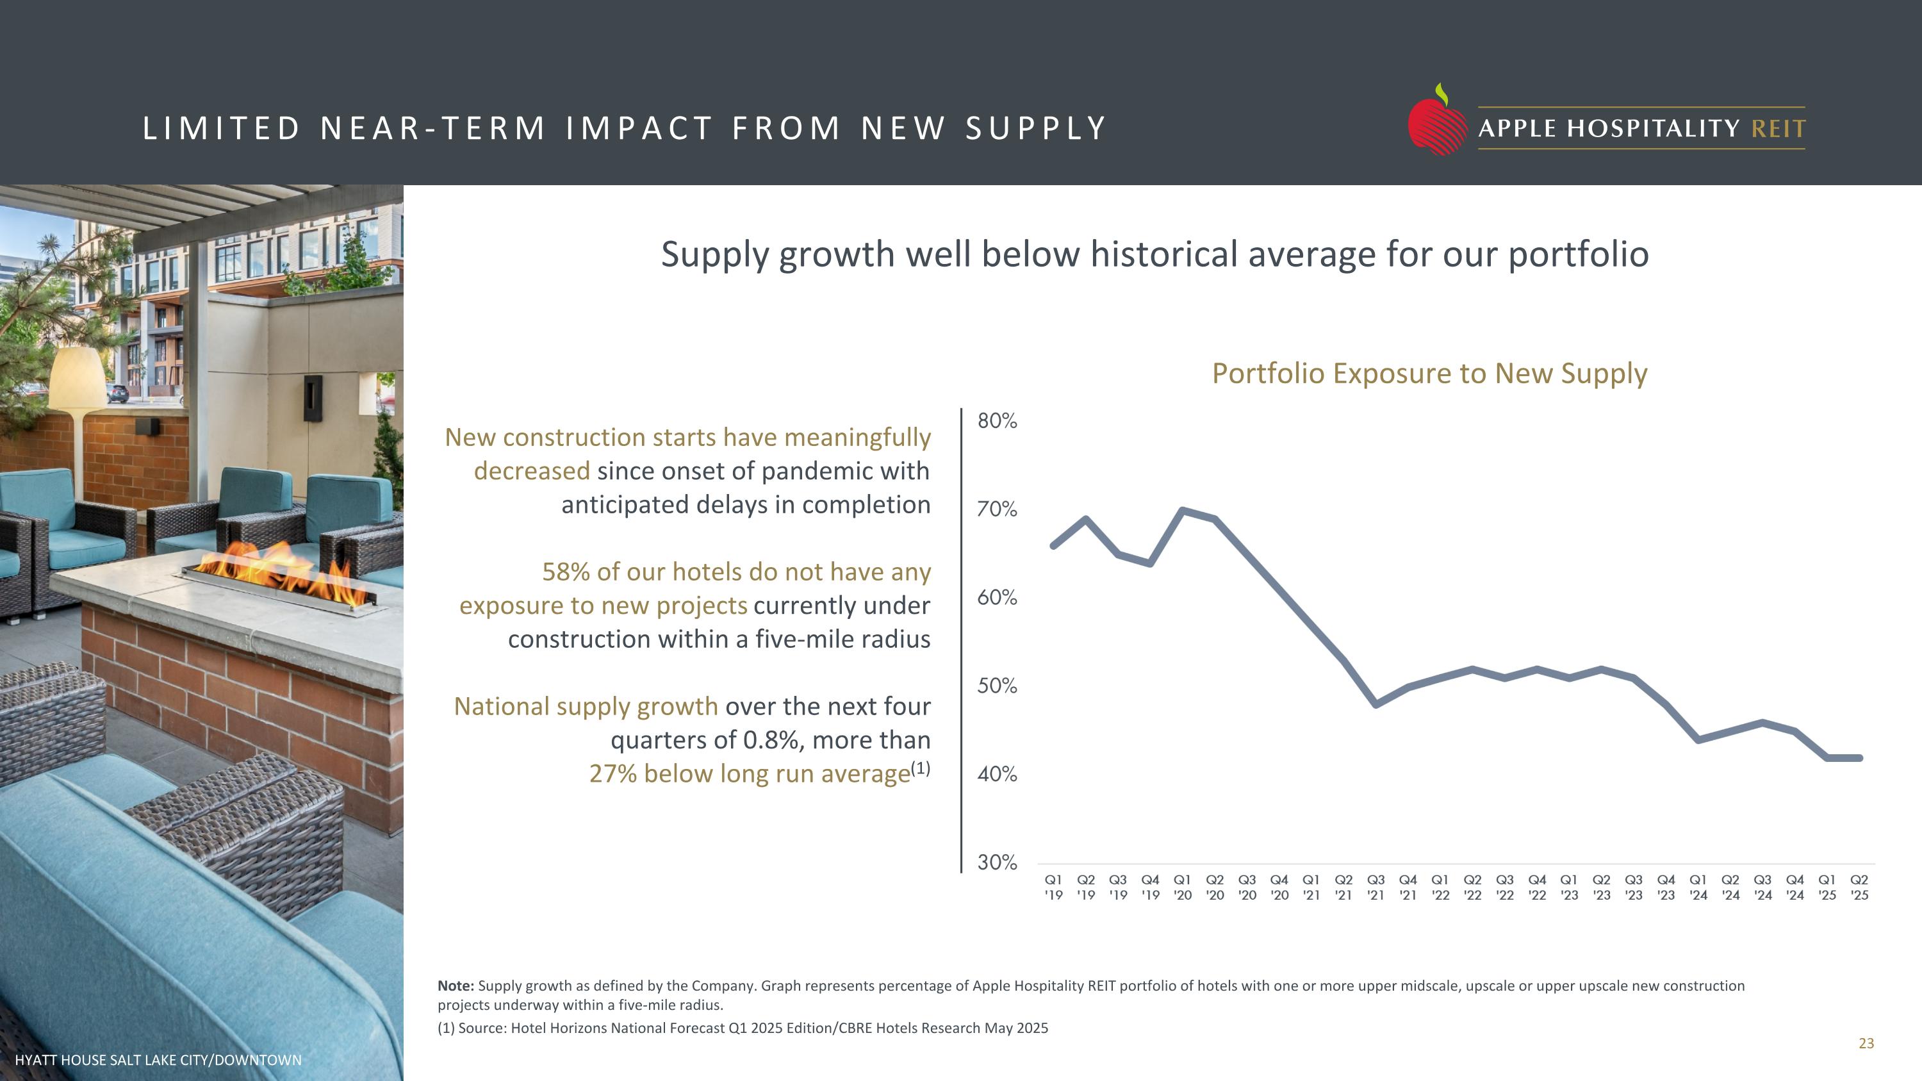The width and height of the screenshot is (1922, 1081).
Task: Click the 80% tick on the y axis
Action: point(997,421)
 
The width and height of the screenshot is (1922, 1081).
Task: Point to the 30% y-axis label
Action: point(997,862)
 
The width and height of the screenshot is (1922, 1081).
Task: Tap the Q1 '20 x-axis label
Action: point(1182,887)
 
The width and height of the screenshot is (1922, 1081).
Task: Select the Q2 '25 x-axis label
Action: point(1859,887)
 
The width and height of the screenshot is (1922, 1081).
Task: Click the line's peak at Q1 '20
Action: point(1183,510)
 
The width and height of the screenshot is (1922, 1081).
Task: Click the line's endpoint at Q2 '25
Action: point(1859,758)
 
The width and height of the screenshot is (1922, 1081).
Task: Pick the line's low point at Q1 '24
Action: point(1698,740)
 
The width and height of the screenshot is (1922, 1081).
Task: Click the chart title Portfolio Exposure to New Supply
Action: point(1429,373)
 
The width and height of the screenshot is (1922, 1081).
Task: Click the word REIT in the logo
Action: point(1778,128)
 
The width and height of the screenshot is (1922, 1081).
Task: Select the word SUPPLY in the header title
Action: point(1035,128)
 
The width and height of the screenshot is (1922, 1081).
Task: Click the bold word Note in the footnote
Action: point(455,986)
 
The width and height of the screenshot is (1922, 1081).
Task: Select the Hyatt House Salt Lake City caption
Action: point(158,1060)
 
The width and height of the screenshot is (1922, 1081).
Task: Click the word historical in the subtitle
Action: point(1163,254)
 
